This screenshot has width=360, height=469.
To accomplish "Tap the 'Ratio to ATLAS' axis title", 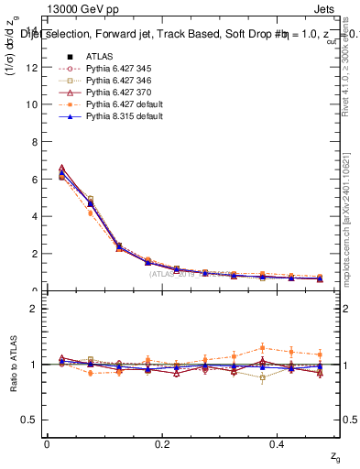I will coord(15,364).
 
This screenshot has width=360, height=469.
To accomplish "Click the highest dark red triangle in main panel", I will coord(61,168).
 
